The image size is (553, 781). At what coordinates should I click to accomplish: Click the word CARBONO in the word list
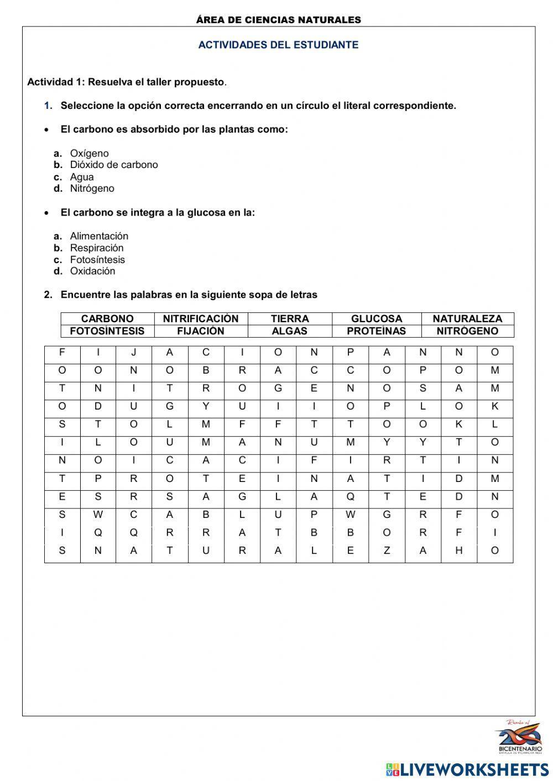pos(107,318)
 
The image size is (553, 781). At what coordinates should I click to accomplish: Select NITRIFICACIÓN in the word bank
pos(201,318)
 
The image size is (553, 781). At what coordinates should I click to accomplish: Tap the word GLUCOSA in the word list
pos(377,318)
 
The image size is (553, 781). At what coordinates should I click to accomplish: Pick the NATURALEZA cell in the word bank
pos(467,318)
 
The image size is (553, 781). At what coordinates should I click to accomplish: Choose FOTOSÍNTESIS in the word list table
pos(107,331)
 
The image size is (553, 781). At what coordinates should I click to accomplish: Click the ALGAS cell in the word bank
pos(290,331)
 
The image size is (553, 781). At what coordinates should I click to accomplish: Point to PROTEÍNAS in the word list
pos(377,331)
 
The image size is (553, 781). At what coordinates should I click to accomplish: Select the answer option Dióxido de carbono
pos(113,165)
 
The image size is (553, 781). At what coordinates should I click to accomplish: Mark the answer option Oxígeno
pos(89,153)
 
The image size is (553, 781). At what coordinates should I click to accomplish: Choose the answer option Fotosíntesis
pos(97,259)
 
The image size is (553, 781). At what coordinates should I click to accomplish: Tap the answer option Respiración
pos(97,248)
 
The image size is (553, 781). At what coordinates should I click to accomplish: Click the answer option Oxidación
pos(92,271)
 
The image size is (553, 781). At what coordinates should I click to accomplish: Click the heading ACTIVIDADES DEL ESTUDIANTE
pos(278,45)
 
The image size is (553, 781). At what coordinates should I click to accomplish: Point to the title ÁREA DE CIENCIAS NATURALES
pos(278,20)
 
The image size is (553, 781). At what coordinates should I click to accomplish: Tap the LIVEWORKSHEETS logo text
pos(474,769)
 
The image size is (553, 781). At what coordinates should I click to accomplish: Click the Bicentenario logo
pos(519,737)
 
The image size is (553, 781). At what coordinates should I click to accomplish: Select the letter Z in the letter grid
pos(387,551)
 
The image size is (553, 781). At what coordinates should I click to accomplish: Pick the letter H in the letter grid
pos(458,551)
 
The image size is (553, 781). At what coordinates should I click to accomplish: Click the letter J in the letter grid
pos(133,353)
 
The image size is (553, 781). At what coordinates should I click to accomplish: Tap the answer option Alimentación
pos(99,236)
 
